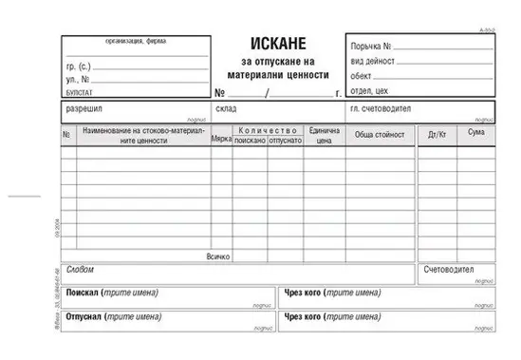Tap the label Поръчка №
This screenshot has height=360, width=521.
(369, 46)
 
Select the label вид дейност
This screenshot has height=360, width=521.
(371, 59)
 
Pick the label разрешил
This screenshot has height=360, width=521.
(81, 110)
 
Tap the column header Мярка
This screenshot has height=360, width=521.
(222, 140)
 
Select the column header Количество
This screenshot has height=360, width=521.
(268, 130)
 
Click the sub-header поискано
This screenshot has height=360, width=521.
(251, 140)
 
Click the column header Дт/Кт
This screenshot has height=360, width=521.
(437, 135)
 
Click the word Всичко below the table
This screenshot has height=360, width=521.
(218, 256)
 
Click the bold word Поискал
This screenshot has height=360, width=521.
(84, 293)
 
